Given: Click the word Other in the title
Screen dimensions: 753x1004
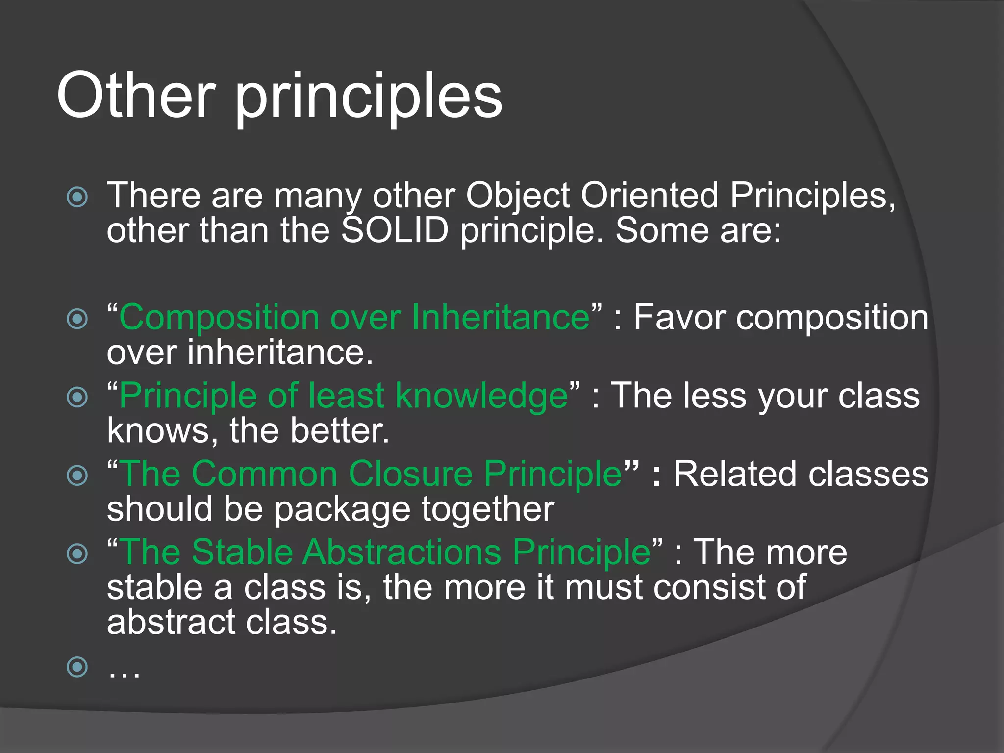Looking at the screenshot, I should point(136,95).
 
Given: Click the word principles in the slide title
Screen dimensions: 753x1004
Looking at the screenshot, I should point(369,98).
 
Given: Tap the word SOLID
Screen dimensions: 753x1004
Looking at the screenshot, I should point(395,230).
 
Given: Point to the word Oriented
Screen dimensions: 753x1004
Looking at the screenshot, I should point(650,195).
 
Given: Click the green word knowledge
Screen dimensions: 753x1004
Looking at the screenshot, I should point(481,396).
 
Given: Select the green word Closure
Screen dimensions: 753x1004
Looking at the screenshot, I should point(410,474).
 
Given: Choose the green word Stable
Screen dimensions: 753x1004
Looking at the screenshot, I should point(242,552).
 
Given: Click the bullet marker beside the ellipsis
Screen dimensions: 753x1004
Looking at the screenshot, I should point(77,667).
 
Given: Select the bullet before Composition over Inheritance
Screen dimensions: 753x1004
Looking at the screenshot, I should point(77,319).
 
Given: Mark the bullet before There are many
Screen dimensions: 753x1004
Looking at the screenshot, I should point(77,197).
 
